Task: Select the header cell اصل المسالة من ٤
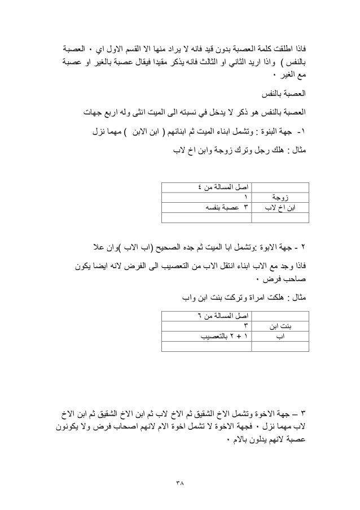[223, 186]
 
